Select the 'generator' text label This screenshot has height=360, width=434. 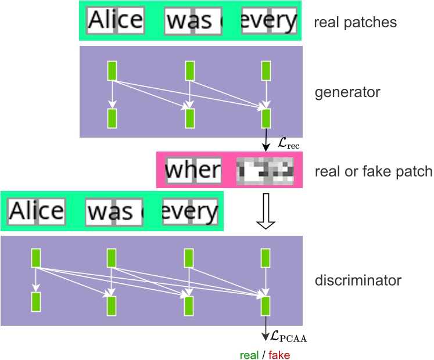click(x=347, y=92)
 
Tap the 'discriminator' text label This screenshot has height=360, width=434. click(x=358, y=280)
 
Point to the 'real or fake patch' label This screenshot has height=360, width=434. click(x=373, y=171)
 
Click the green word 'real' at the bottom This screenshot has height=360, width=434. click(x=249, y=355)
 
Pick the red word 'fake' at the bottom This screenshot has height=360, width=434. click(x=278, y=355)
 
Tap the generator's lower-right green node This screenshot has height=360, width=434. click(x=266, y=118)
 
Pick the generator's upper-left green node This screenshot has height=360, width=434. click(x=113, y=71)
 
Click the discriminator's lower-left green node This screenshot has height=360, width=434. click(x=35, y=303)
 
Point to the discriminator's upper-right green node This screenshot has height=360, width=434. click(x=265, y=258)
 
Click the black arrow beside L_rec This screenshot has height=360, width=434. click(x=266, y=139)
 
